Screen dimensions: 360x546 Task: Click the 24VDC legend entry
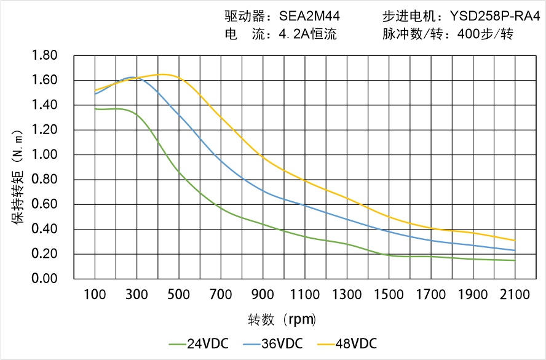click(x=197, y=343)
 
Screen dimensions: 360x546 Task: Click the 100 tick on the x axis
click(x=95, y=295)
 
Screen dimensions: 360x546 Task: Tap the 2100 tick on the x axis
click(x=515, y=295)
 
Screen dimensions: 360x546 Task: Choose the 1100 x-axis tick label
click(x=304, y=295)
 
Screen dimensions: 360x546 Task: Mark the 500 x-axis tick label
click(x=178, y=295)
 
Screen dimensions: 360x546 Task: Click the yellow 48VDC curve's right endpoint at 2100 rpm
click(x=515, y=241)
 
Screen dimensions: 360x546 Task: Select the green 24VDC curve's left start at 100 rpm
click(x=95, y=109)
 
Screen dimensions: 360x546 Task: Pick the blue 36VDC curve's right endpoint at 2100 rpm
click(x=515, y=250)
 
